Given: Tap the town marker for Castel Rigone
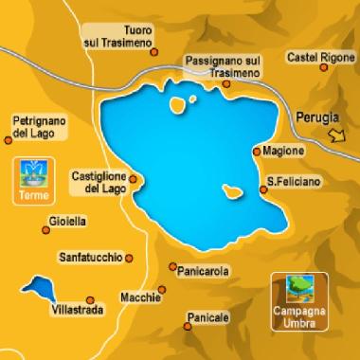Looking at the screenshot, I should (x=339, y=74).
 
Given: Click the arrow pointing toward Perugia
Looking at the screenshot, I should (x=336, y=138).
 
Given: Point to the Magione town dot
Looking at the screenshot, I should (x=258, y=151).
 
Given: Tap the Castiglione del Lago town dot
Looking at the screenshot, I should (x=134, y=179).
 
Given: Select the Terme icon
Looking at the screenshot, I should (x=33, y=176).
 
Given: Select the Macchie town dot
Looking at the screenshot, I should (x=167, y=297).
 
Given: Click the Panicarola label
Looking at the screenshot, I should (x=203, y=271).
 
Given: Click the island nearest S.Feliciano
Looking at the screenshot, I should (x=231, y=193).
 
